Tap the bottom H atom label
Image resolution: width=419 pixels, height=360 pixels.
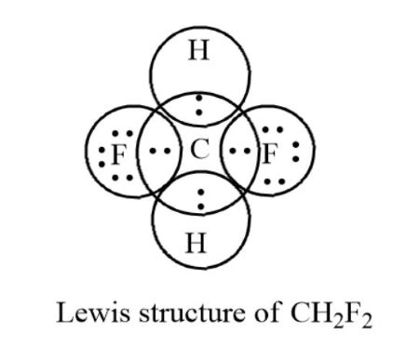[x=196, y=245]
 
